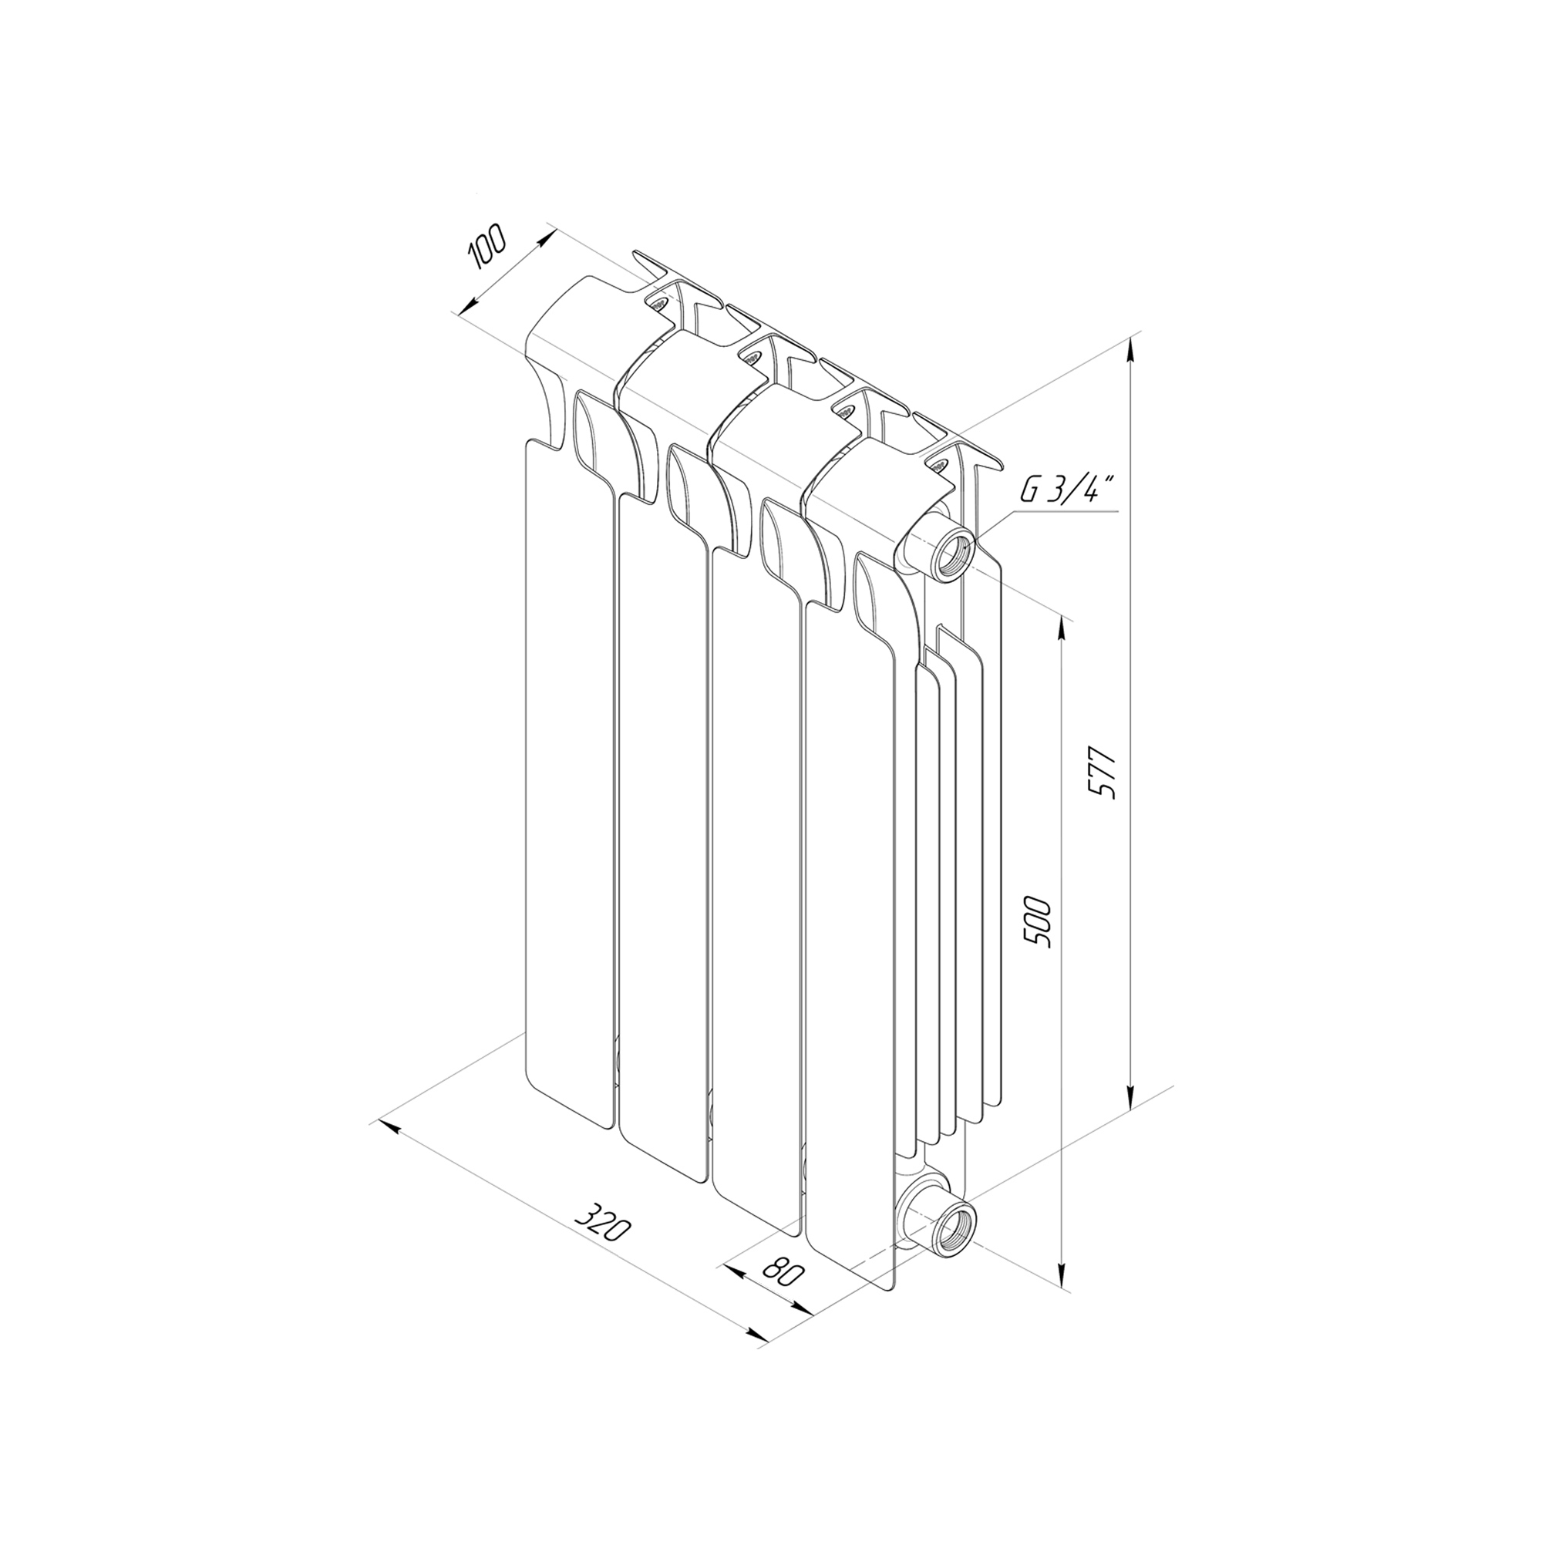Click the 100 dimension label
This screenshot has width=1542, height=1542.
487,247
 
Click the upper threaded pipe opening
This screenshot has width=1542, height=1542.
955,550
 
